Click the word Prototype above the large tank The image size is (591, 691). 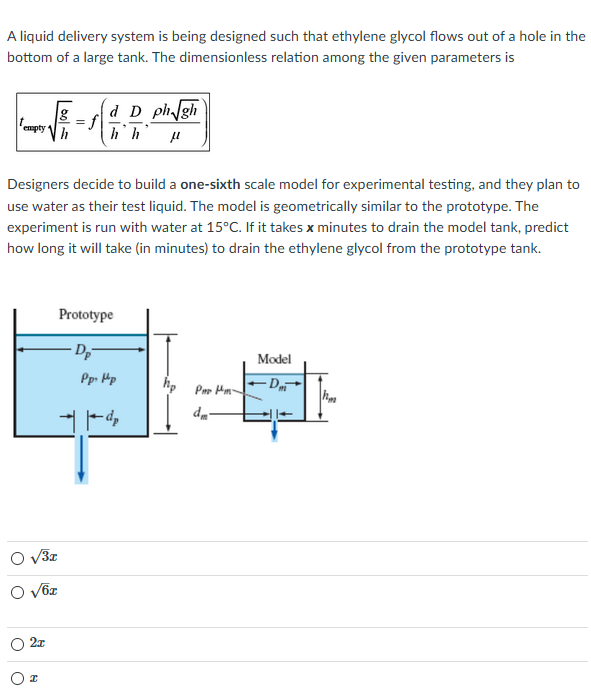86,315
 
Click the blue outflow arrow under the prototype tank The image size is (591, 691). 84,455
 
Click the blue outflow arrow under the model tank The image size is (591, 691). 274,428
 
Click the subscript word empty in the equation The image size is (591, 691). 34,128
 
